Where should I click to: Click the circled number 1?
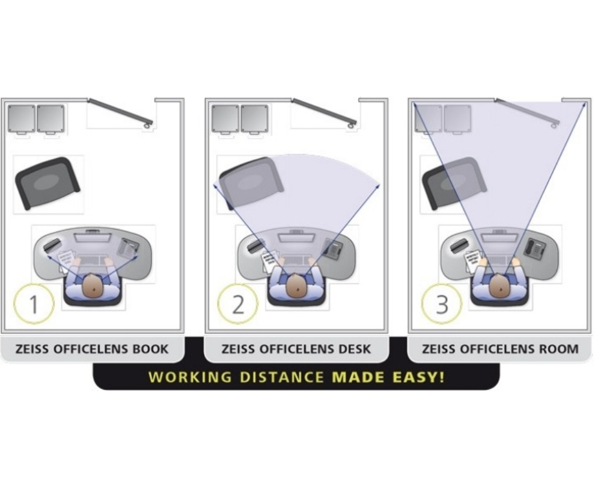tap(34, 304)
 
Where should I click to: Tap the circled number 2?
tap(238, 304)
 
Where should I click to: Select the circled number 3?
tap(442, 304)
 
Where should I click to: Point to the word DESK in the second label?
tap(355, 349)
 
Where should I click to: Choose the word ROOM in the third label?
tap(560, 349)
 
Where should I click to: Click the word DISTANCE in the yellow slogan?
tap(282, 377)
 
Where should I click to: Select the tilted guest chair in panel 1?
tap(47, 183)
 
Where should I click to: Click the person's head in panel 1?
tap(93, 286)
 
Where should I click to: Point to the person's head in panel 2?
tap(296, 286)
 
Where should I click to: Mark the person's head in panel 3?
tap(500, 286)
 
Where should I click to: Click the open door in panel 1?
tap(120, 112)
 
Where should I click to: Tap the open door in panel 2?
tap(325, 112)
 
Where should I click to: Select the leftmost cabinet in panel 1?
tap(22, 119)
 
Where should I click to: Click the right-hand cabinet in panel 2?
tap(254, 119)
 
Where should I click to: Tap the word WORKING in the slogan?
tap(190, 377)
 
